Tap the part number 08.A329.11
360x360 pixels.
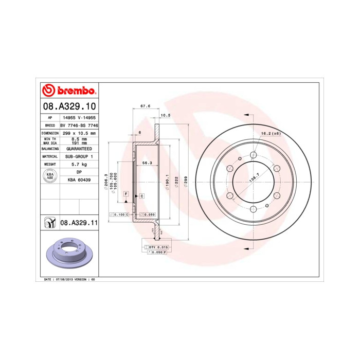(x=79, y=223)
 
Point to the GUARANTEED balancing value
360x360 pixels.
(x=79, y=148)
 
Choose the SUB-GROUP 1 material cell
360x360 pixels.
(x=79, y=156)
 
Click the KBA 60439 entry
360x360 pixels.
(x=79, y=180)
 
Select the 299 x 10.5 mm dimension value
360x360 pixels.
(x=79, y=133)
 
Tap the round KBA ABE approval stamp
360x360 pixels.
(x=50, y=176)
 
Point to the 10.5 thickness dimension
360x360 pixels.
(x=166, y=115)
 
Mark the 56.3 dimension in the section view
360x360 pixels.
(x=147, y=163)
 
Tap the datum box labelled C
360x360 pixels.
(x=141, y=196)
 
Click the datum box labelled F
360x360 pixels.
(x=125, y=193)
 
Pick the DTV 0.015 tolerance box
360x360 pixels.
(x=158, y=247)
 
